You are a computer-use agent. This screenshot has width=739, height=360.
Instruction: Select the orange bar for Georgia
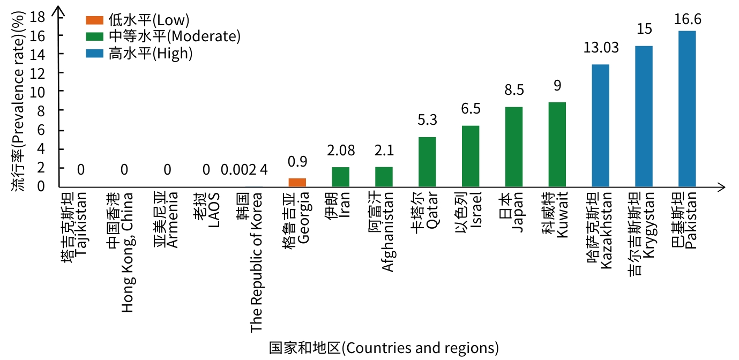pos(297,182)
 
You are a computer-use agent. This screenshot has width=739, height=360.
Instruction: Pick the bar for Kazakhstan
pos(601,125)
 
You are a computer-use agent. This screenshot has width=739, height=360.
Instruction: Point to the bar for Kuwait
pos(557,144)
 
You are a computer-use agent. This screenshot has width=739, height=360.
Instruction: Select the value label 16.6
pos(687,19)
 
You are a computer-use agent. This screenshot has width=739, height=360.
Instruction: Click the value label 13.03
pos(601,48)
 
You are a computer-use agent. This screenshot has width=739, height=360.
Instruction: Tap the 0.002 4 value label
pos(244,170)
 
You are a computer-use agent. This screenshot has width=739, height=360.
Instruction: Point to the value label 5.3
pos(427,119)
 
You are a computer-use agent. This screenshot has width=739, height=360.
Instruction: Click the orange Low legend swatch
pos(94,20)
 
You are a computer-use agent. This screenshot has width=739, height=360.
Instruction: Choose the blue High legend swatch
pos(94,53)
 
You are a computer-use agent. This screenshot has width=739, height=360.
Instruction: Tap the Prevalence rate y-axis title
pos(18,102)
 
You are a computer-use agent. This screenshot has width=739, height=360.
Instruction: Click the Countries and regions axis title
pos(384,348)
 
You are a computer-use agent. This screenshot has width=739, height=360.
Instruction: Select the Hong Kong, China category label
pos(120,251)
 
